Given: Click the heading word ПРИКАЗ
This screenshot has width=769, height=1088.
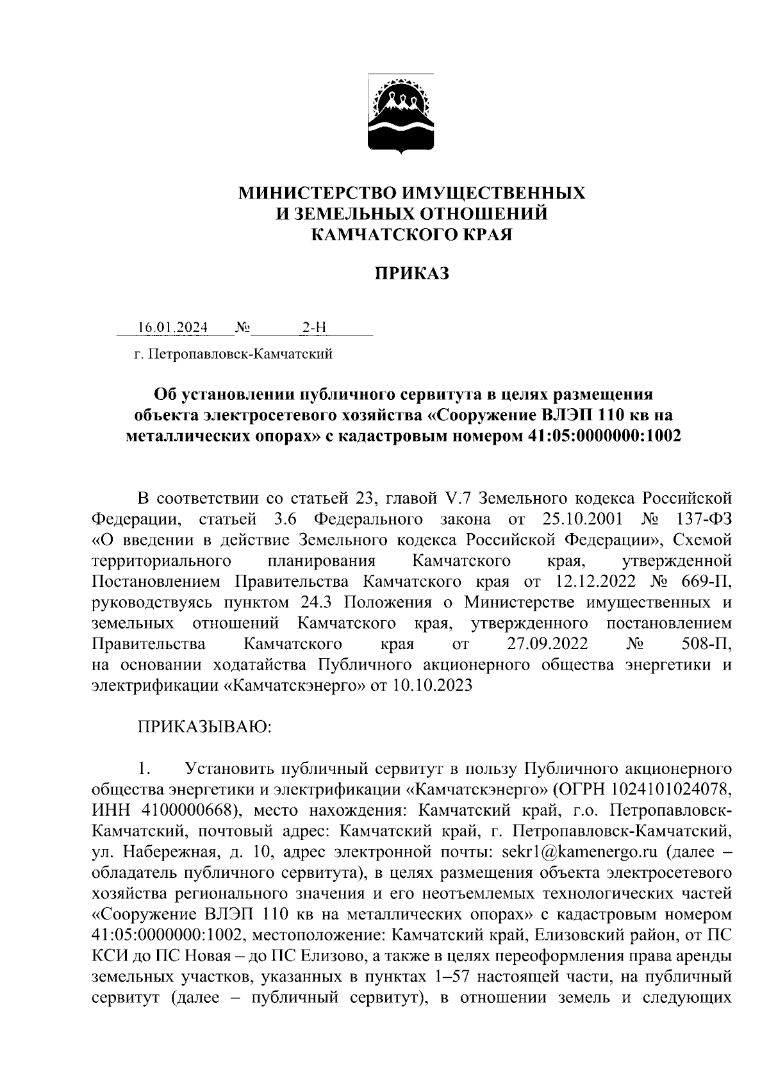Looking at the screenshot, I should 411,275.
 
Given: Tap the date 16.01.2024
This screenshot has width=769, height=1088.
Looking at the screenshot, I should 172,328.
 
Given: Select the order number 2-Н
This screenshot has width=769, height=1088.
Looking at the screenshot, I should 314,328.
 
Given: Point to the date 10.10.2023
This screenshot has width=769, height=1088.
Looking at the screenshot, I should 431,686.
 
